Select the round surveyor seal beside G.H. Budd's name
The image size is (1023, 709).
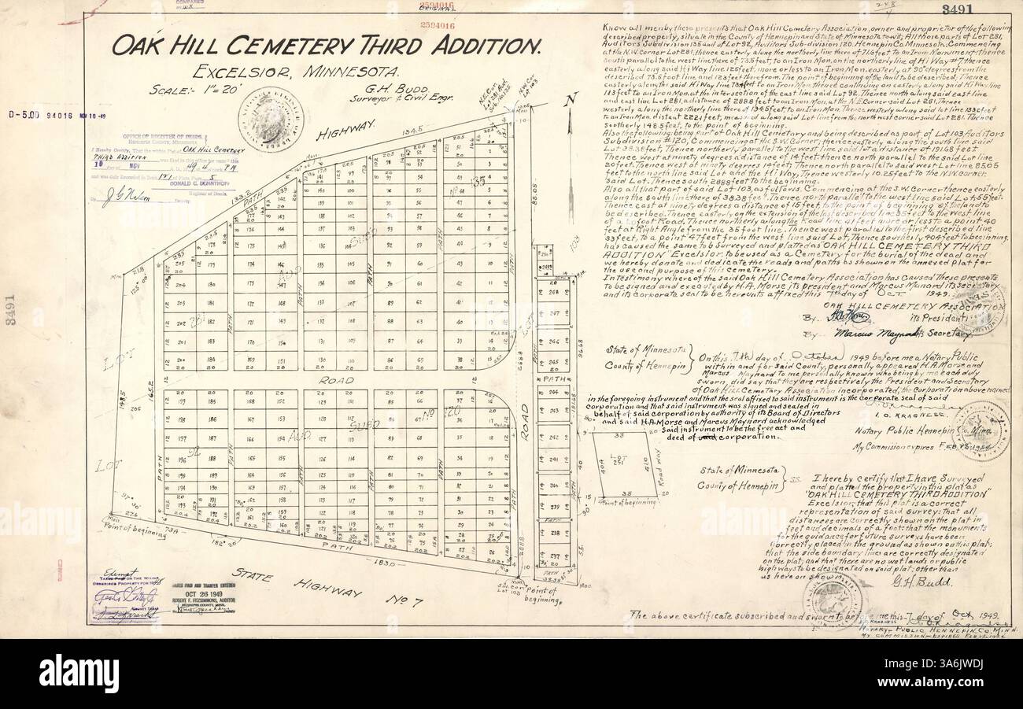[267, 115]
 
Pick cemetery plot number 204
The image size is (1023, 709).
[180, 285]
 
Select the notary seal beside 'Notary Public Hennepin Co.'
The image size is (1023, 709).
[979, 430]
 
